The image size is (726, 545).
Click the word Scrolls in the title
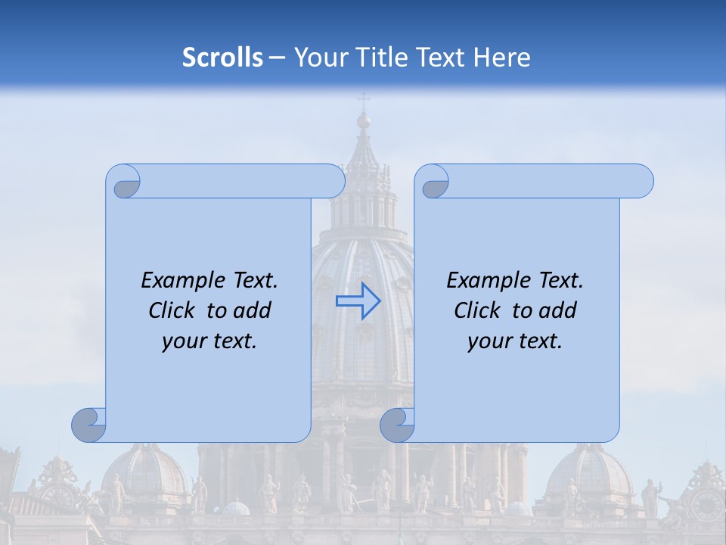pyautogui.click(x=223, y=58)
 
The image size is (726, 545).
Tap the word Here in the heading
pyautogui.click(x=502, y=58)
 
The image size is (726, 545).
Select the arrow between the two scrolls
pyautogui.click(x=358, y=301)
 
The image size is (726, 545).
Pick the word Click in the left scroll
pyautogui.click(x=173, y=310)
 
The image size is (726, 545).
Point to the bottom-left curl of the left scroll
pyautogui.click(x=89, y=425)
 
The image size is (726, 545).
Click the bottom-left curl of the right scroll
pyautogui.click(x=397, y=425)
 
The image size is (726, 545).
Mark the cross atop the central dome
pyautogui.click(x=364, y=100)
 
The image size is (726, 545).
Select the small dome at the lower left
pyautogui.click(x=147, y=473)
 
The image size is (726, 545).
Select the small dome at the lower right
pyautogui.click(x=590, y=473)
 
